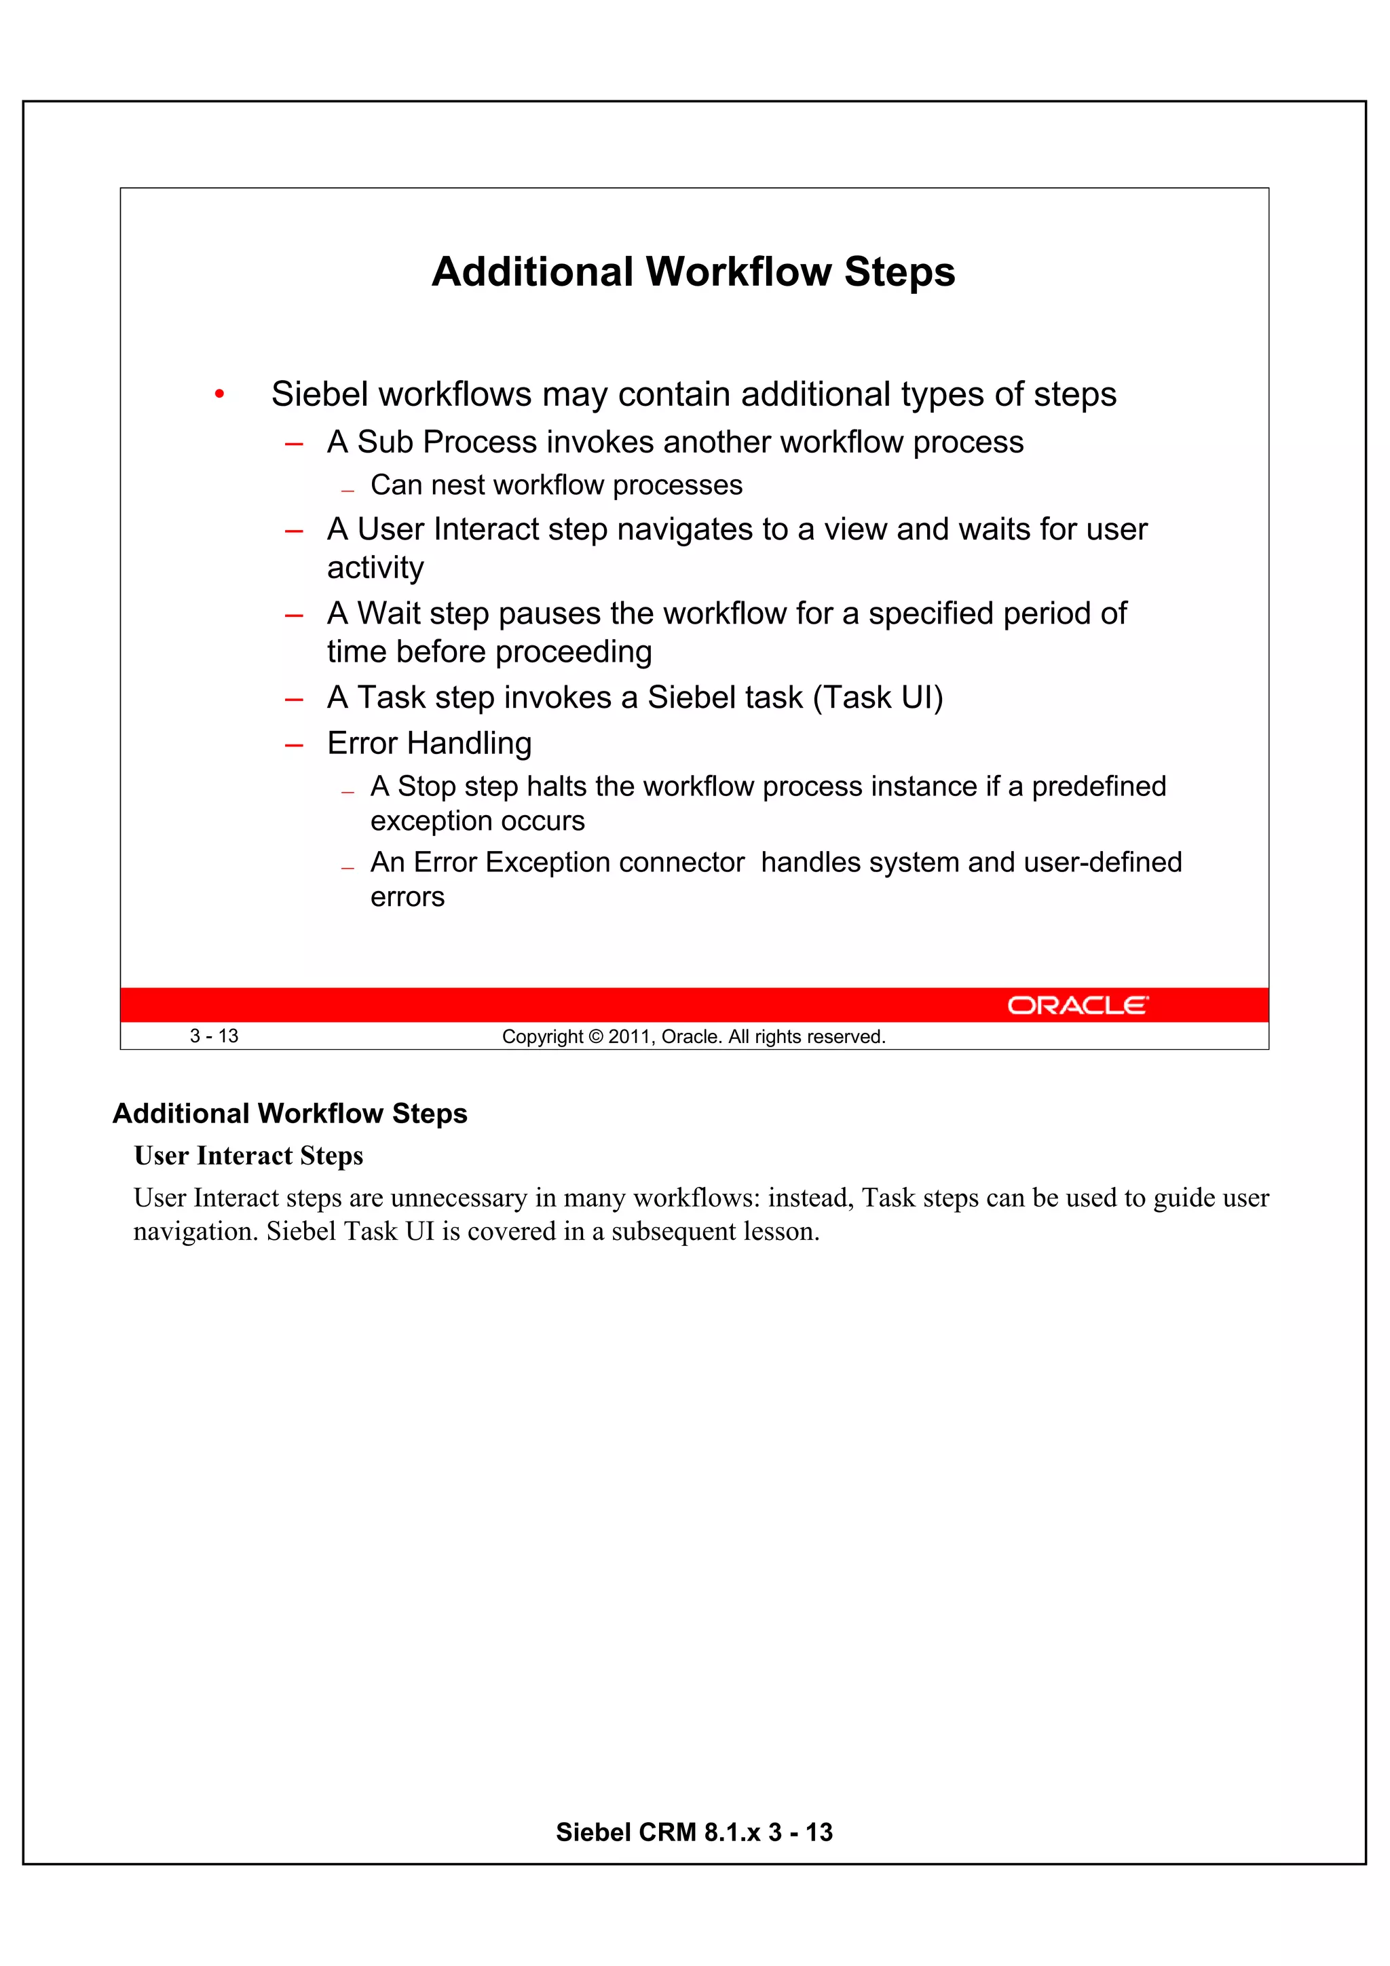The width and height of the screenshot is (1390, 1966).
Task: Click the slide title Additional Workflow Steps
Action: coord(693,272)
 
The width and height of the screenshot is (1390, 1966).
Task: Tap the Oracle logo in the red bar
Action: coord(1076,1004)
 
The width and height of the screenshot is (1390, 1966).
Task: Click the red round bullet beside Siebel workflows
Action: coord(219,395)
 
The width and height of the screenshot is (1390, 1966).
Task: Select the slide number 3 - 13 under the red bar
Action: coord(214,1036)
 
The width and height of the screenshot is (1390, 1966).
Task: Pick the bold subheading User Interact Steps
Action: coord(248,1156)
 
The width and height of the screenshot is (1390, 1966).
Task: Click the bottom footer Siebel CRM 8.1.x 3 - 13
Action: coord(694,1832)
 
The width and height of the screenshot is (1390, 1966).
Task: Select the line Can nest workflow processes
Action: coord(556,485)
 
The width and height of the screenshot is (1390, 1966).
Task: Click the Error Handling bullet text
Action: coord(429,743)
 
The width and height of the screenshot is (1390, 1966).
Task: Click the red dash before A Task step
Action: coord(294,700)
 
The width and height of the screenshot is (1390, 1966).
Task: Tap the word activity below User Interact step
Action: coord(375,568)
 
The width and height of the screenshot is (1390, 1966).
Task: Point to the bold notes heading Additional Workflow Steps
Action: coord(290,1113)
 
